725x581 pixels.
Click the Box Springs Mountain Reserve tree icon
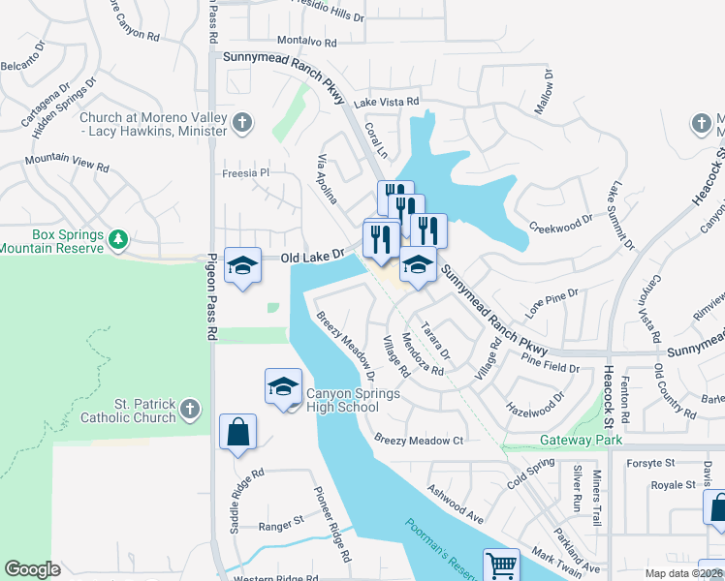tap(117, 238)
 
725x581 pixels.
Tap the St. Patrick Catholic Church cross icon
tap(190, 409)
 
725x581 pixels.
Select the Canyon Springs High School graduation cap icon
tap(282, 386)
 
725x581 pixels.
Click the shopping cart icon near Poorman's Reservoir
tap(500, 565)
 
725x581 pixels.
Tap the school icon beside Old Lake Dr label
tap(241, 264)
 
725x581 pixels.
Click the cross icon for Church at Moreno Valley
tap(242, 123)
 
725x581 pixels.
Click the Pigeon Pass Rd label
tap(211, 296)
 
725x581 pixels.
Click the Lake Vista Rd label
tap(386, 102)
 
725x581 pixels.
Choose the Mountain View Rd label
tap(67, 162)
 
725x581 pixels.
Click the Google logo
tap(32, 569)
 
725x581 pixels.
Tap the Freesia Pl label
tap(244, 173)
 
